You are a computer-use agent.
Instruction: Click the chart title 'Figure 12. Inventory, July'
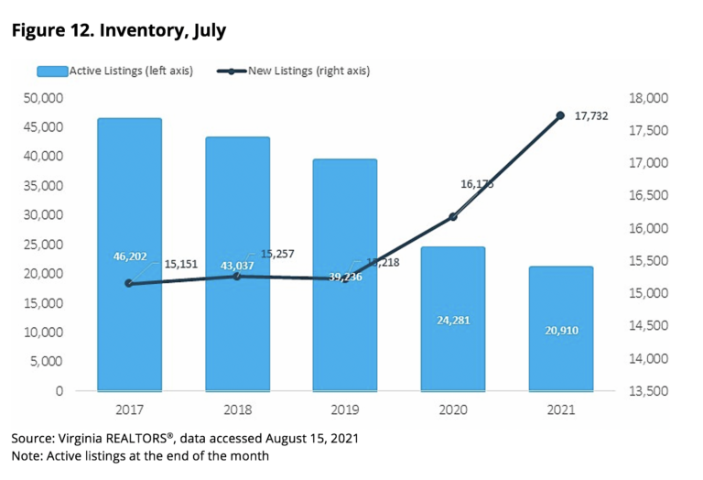pyautogui.click(x=119, y=30)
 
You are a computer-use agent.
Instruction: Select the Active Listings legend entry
pyautogui.click(x=114, y=71)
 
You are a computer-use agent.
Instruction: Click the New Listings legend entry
pyautogui.click(x=293, y=71)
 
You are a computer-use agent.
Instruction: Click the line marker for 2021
pyautogui.click(x=560, y=115)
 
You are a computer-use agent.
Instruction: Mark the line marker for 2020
pyautogui.click(x=452, y=216)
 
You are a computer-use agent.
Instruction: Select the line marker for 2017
pyautogui.click(x=129, y=283)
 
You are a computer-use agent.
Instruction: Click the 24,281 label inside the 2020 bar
pyautogui.click(x=452, y=320)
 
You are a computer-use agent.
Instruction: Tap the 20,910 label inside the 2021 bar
pyautogui.click(x=560, y=330)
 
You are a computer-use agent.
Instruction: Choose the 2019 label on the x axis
pyautogui.click(x=344, y=409)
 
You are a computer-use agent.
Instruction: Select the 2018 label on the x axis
pyautogui.click(x=237, y=409)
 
